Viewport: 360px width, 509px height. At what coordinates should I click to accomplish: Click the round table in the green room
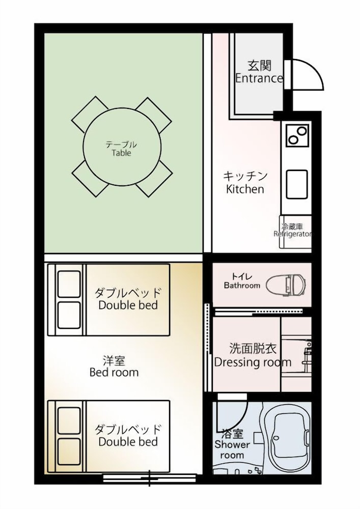click(x=121, y=148)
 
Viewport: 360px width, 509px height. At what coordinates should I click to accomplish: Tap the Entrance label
click(x=259, y=73)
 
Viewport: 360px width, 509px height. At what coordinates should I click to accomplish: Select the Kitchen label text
click(x=245, y=183)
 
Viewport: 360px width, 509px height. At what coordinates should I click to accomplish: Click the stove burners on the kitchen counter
click(x=297, y=135)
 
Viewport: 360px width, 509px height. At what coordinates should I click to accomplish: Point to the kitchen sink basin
click(x=297, y=184)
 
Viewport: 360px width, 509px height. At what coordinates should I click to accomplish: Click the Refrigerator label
click(x=292, y=231)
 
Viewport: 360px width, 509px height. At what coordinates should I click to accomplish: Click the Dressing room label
click(x=253, y=356)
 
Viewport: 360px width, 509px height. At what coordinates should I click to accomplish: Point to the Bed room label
click(x=114, y=366)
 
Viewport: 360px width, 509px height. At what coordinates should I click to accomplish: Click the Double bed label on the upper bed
click(x=128, y=299)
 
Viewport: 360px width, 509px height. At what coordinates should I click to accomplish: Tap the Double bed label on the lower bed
click(x=128, y=435)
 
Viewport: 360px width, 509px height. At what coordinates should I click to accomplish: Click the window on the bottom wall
click(x=149, y=477)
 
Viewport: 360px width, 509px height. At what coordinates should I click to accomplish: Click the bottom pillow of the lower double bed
click(x=69, y=449)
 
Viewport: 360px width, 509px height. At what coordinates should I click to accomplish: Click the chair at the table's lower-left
click(x=90, y=179)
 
